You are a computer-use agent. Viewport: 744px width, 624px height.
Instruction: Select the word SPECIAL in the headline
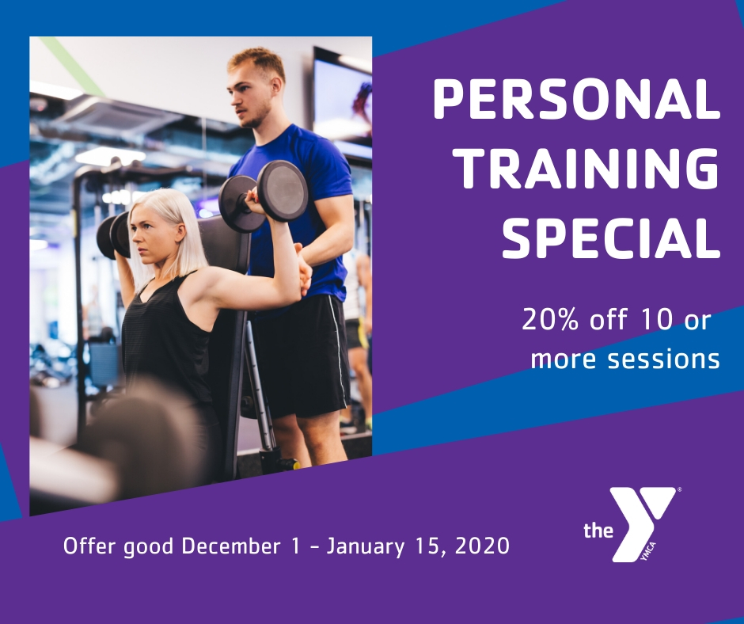(x=611, y=235)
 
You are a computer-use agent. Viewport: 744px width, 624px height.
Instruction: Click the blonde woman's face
(x=154, y=230)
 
